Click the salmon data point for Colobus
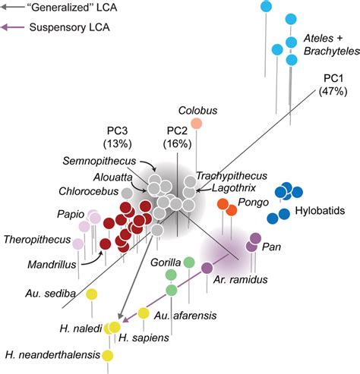click(x=197, y=124)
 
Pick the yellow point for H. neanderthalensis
click(x=107, y=356)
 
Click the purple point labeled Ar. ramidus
click(x=207, y=267)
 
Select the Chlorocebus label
click(x=86, y=191)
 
